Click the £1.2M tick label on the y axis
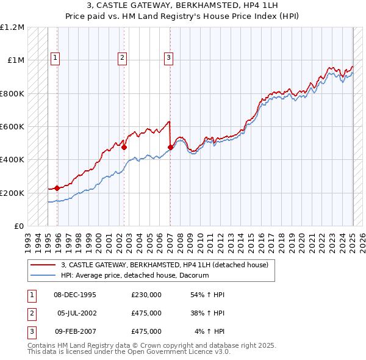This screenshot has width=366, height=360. coord(12,27)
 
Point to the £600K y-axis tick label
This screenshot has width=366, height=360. coord(12,127)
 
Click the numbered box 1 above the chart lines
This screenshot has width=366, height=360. coord(55,58)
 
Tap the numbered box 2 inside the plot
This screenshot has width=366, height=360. coord(122,58)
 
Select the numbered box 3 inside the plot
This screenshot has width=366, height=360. coord(168,58)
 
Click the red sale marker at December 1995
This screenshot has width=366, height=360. coord(57,188)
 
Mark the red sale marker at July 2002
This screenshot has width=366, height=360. coord(124,147)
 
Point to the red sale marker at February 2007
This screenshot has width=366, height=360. coord(170,147)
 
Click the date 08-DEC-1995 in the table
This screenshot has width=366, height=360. coord(75,295)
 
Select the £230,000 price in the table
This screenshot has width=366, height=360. coord(146,295)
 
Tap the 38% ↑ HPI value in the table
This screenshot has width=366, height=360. coord(209,313)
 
